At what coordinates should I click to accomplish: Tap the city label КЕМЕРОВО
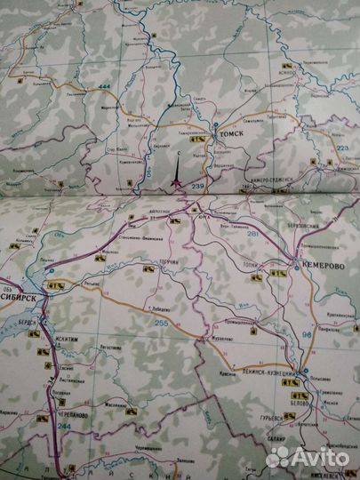[x=322, y=264]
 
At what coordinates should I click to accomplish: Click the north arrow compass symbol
[x=177, y=173]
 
